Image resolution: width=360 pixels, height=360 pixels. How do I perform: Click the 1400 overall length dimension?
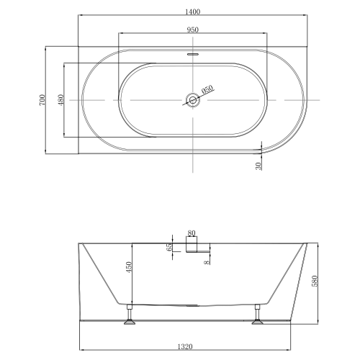tap(192, 12)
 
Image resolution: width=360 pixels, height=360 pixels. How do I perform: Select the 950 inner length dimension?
tap(192, 30)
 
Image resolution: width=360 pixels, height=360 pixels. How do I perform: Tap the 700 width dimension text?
tap(42, 100)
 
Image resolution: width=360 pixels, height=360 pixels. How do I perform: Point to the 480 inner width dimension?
tap(60, 100)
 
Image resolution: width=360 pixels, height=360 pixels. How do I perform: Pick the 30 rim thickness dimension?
tap(258, 166)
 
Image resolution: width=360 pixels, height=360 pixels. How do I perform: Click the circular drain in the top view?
tap(193, 100)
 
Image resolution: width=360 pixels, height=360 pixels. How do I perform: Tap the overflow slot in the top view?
tap(193, 54)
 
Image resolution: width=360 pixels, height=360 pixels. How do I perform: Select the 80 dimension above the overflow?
tap(192, 233)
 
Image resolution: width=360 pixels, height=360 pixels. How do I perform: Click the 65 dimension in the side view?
tap(169, 247)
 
